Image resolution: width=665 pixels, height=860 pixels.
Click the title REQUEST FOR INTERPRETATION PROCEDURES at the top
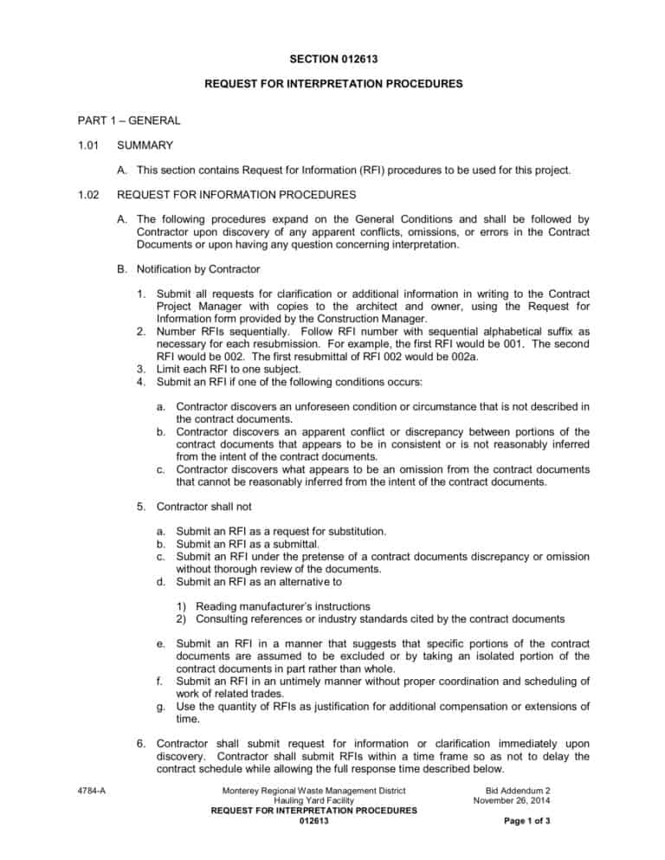coord(332,85)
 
